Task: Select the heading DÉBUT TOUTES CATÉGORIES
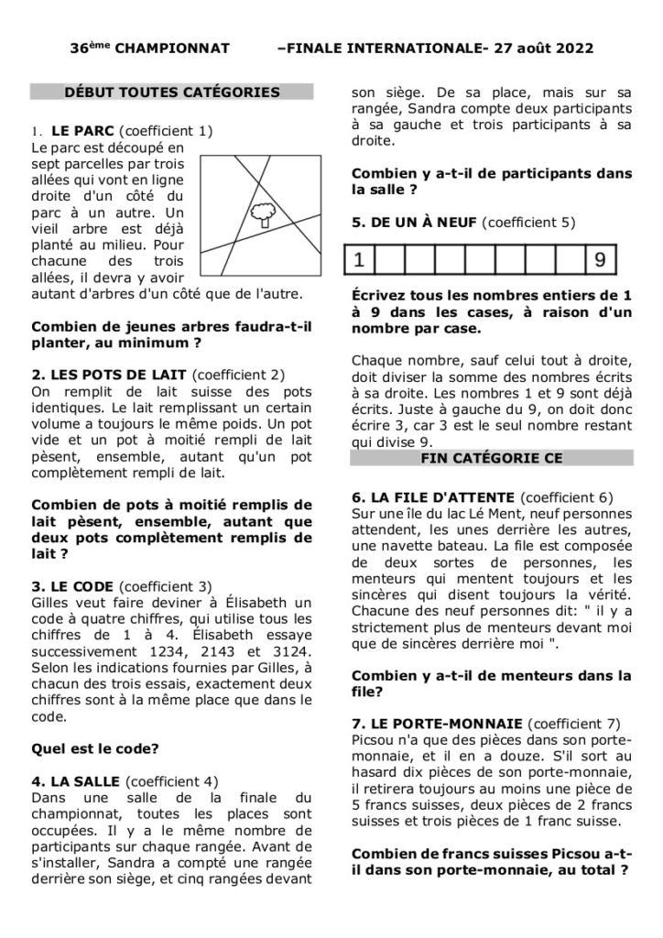[x=172, y=92]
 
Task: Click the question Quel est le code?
[x=95, y=747]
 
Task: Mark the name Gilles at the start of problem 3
[x=52, y=602]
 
